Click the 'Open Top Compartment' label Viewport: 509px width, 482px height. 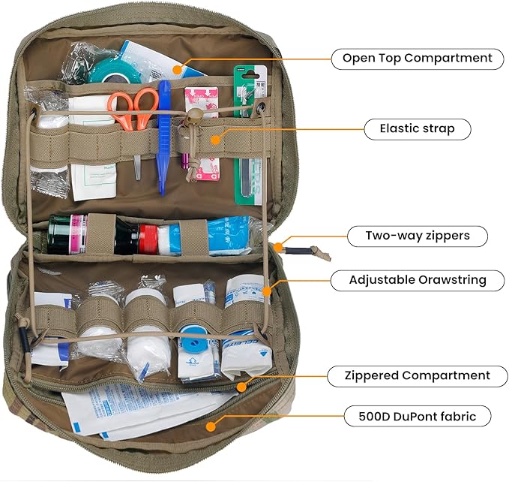417,58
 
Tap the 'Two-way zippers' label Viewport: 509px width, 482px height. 417,236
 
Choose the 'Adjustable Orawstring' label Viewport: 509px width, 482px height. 417,280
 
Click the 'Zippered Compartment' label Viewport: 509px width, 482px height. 417,375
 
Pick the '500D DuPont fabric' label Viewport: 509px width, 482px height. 417,415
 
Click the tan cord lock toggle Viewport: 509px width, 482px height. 193,117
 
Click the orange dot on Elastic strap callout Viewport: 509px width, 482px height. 216,138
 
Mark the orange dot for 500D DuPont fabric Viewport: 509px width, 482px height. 211,426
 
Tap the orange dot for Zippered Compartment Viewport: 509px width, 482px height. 241,387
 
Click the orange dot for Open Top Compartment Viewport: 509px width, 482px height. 177,69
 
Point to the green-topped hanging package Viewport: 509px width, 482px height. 249,135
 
